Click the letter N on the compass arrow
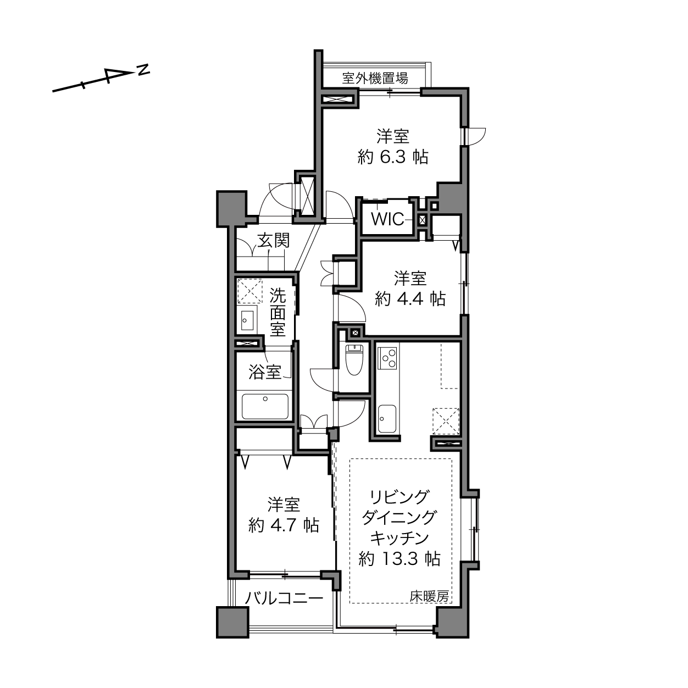pyautogui.click(x=144, y=69)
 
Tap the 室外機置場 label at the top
pyautogui.click(x=375, y=78)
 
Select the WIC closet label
pyautogui.click(x=387, y=219)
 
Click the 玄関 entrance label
pyautogui.click(x=274, y=240)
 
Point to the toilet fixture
pyautogui.click(x=354, y=359)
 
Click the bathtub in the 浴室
pyautogui.click(x=265, y=406)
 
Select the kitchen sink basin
pyautogui.click(x=387, y=418)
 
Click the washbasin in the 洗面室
pyautogui.click(x=247, y=320)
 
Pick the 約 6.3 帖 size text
pyautogui.click(x=393, y=157)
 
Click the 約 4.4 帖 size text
pyautogui.click(x=410, y=298)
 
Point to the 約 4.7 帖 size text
pyautogui.click(x=284, y=525)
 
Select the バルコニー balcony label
pyautogui.click(x=284, y=597)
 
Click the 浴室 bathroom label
pyautogui.click(x=264, y=373)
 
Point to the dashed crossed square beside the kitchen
pyautogui.click(x=446, y=421)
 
